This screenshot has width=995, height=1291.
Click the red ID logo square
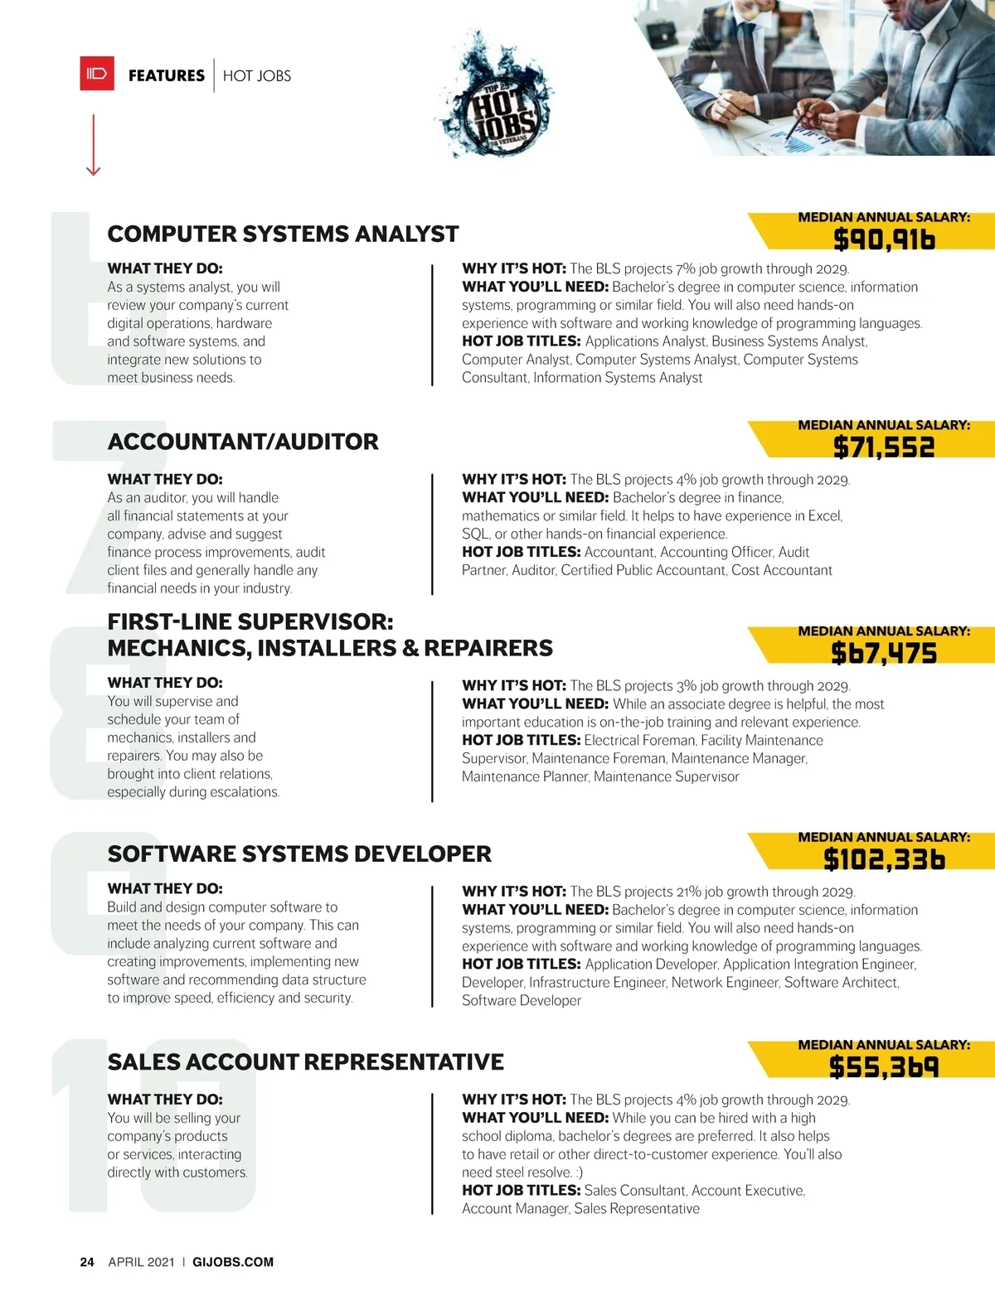click(x=97, y=74)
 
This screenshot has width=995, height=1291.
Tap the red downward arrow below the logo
click(x=93, y=146)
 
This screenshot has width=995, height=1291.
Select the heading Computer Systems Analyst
click(x=283, y=235)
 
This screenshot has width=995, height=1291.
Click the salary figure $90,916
click(x=884, y=240)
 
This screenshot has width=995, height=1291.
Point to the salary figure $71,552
click(x=884, y=448)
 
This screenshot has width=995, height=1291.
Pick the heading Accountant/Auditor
click(x=243, y=442)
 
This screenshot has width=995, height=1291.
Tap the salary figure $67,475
click(x=884, y=654)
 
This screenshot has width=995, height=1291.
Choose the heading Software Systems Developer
click(x=299, y=854)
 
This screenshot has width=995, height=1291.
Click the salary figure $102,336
click(x=884, y=860)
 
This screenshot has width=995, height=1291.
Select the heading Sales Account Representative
click(x=305, y=1062)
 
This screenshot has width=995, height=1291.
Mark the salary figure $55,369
click(x=884, y=1068)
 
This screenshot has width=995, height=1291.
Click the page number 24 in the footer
click(x=87, y=1262)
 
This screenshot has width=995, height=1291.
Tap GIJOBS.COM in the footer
click(x=233, y=1262)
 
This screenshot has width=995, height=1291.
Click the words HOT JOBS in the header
click(x=257, y=76)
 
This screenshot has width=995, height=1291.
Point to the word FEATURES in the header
click(x=167, y=75)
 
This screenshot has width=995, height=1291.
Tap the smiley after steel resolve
click(x=579, y=1173)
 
